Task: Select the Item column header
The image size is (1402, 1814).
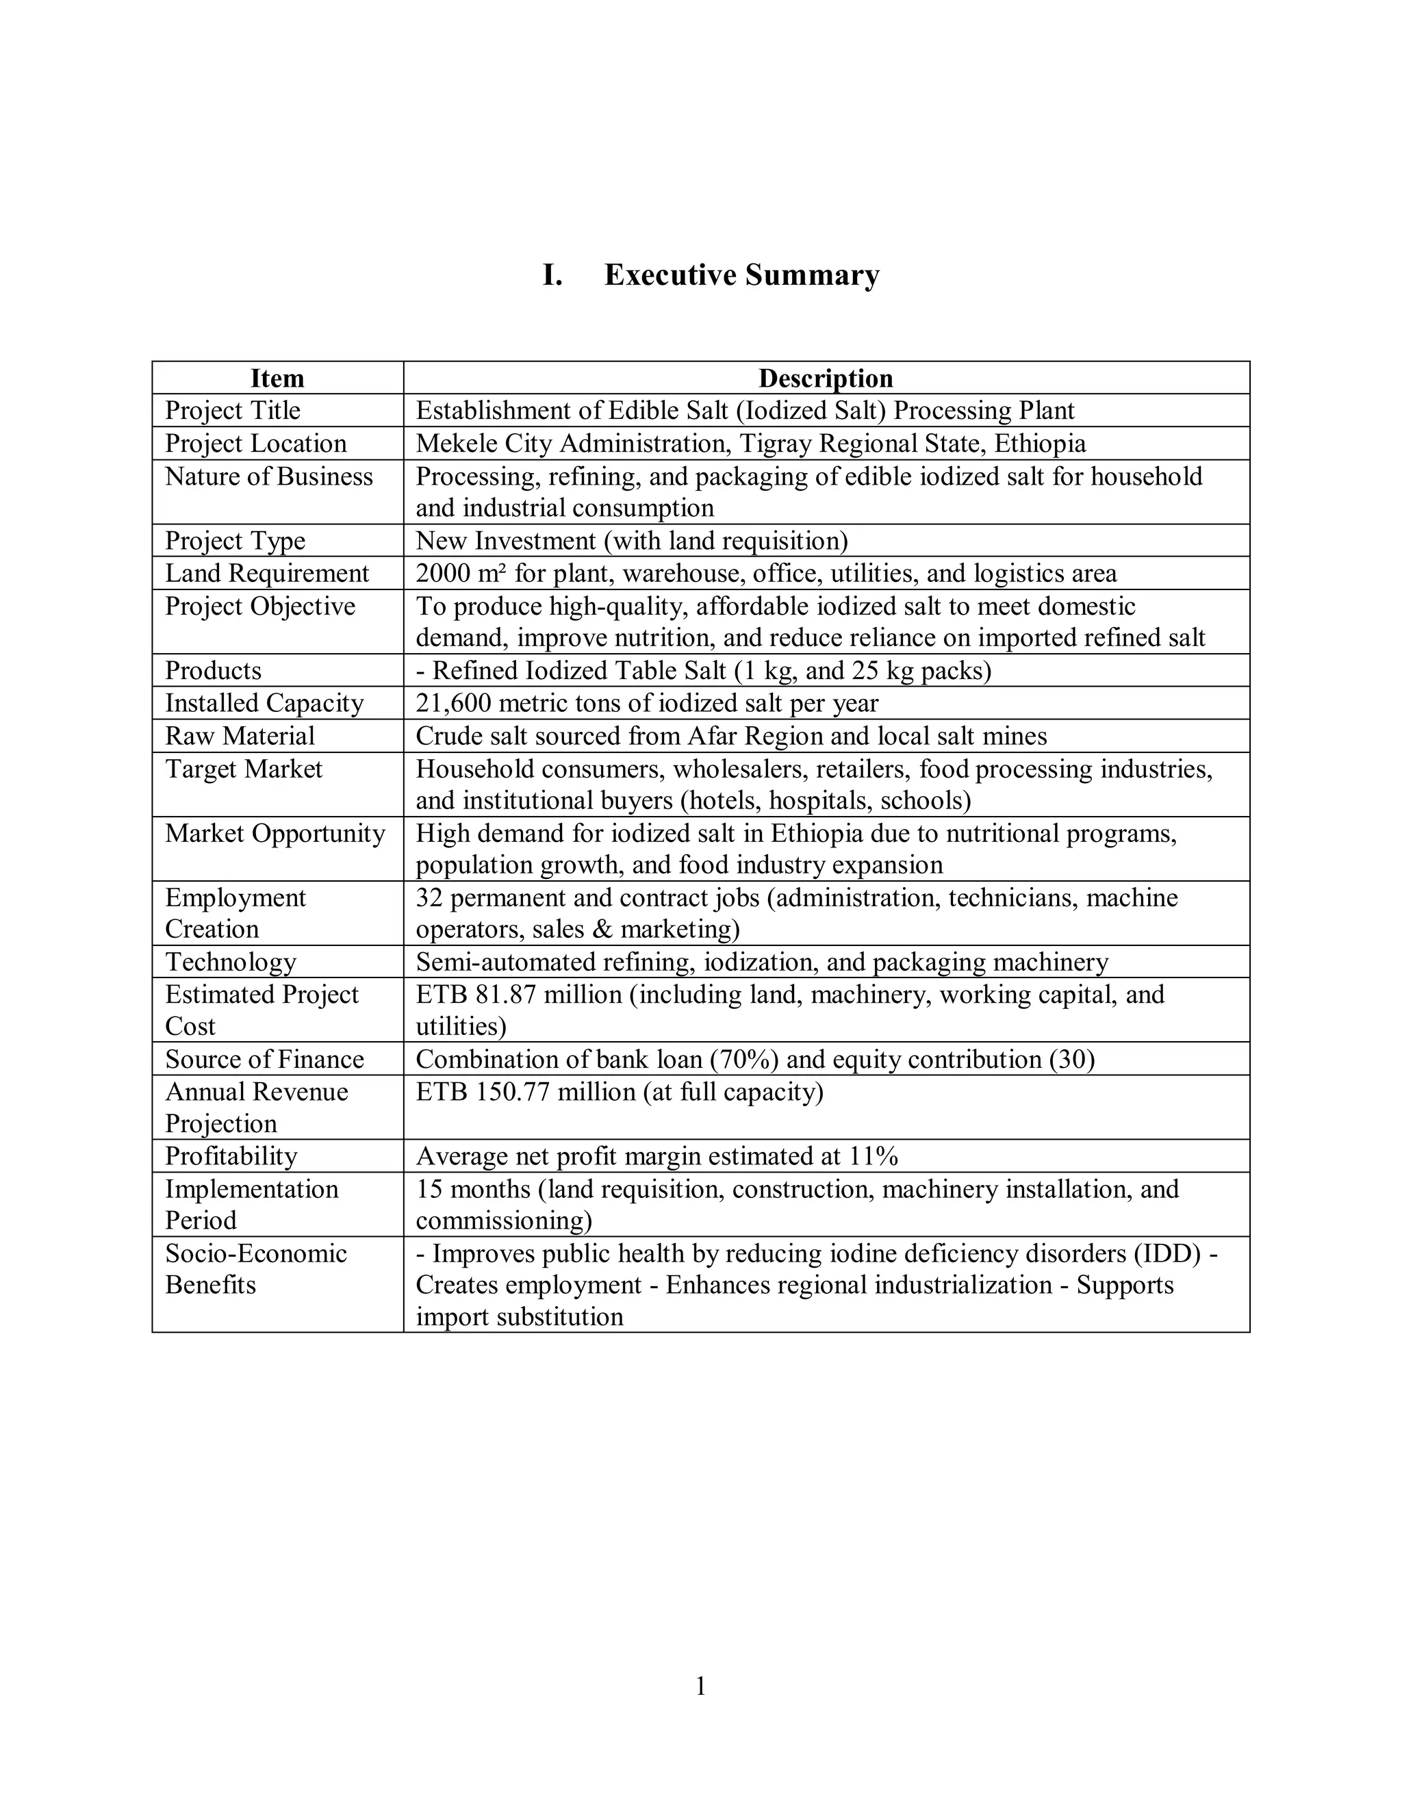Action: pos(277,379)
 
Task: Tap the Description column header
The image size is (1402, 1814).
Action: pos(826,379)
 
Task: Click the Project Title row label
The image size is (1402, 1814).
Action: pos(233,410)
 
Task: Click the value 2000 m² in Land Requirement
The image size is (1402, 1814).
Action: pos(461,574)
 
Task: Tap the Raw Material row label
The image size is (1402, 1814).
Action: pos(240,737)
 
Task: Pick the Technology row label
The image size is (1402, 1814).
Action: pos(231,962)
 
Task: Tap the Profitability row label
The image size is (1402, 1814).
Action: pos(231,1157)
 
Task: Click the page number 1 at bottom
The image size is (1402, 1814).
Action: pos(700,1687)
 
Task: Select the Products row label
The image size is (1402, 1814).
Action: pos(214,671)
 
